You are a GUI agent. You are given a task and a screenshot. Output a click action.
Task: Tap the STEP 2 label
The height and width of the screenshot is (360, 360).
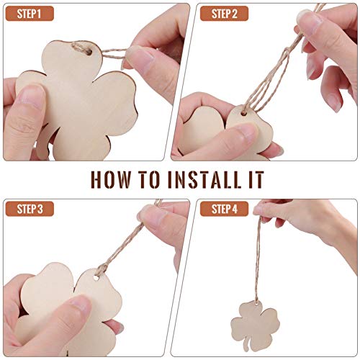(221, 14)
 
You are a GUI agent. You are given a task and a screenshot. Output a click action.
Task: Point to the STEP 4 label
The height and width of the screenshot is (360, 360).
(221, 210)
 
